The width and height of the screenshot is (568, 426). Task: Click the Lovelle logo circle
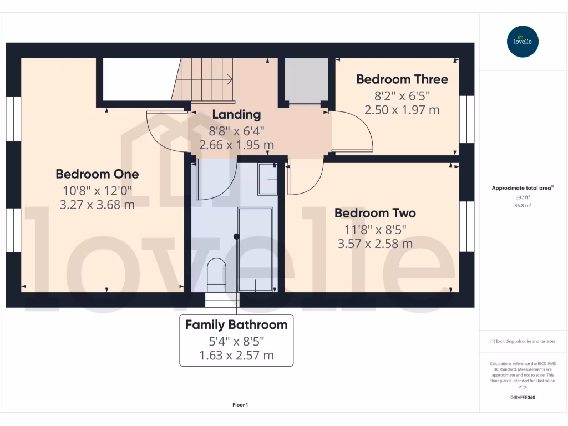(x=523, y=42)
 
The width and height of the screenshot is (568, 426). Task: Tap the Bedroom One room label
(x=97, y=174)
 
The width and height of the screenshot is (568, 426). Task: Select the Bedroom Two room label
(x=375, y=213)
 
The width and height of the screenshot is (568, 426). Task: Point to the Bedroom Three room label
(x=402, y=79)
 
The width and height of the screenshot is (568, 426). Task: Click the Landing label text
(x=236, y=115)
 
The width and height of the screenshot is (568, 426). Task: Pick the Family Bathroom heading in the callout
(x=236, y=325)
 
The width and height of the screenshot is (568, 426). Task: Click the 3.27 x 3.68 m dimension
(x=97, y=205)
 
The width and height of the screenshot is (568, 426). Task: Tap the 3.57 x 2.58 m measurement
(x=375, y=244)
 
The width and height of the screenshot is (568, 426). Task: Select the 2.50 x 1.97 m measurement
(x=402, y=110)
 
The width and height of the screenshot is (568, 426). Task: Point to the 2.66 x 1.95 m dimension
(x=236, y=145)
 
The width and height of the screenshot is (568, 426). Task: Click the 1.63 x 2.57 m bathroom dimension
(x=236, y=356)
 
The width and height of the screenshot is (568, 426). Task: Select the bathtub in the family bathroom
(x=255, y=249)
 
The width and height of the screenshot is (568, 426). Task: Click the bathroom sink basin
(x=268, y=179)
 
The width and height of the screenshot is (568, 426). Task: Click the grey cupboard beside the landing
(x=307, y=80)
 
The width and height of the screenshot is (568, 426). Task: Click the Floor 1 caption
(x=240, y=405)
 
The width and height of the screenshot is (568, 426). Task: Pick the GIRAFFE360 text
(x=522, y=397)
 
